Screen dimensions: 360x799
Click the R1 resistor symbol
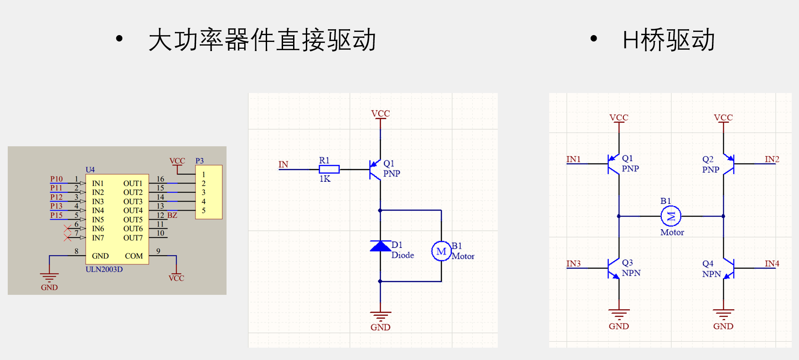pos(329,170)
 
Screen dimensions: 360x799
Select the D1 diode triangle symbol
pos(380,247)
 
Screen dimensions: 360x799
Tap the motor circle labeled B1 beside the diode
pos(441,252)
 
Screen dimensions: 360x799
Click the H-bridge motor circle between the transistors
pos(671,216)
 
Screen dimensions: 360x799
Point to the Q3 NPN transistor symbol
pos(614,268)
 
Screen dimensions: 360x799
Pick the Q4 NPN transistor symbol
pos(728,268)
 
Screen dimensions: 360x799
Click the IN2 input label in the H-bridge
pos(772,159)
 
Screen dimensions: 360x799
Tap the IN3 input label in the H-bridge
pos(573,263)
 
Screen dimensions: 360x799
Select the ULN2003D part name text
pos(104,269)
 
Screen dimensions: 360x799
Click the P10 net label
pos(57,179)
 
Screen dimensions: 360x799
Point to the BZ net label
pos(172,215)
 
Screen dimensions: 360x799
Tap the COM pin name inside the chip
pos(134,256)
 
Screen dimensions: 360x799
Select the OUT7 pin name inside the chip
pos(133,238)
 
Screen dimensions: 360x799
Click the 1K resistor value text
pos(325,179)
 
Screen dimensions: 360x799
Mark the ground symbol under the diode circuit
pos(380,316)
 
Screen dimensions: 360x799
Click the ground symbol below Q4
pos(723,314)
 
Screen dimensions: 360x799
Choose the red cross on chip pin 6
pos(67,228)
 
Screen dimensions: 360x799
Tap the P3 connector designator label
pos(200,161)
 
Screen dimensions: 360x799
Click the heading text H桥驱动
pos(668,40)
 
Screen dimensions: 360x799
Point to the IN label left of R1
pos(283,165)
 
